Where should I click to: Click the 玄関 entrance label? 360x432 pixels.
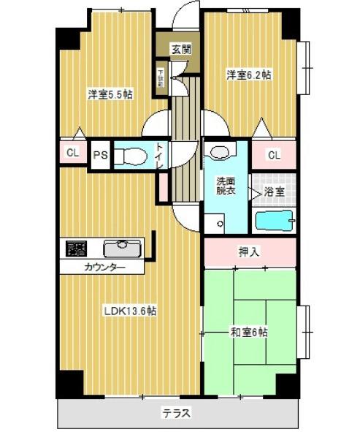(180, 50)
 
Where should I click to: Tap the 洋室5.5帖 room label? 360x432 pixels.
(110, 94)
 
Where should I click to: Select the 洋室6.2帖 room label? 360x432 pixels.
(248, 75)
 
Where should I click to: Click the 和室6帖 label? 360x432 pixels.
(249, 332)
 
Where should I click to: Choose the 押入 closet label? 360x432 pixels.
(249, 252)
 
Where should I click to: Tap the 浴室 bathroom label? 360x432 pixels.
(275, 192)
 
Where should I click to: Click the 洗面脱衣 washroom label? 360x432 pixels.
(225, 186)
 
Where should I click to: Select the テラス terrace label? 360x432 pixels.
(177, 413)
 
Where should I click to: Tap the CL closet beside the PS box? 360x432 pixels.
(72, 153)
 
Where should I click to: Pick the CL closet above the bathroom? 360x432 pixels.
(274, 155)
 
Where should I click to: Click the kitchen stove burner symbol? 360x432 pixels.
(76, 247)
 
